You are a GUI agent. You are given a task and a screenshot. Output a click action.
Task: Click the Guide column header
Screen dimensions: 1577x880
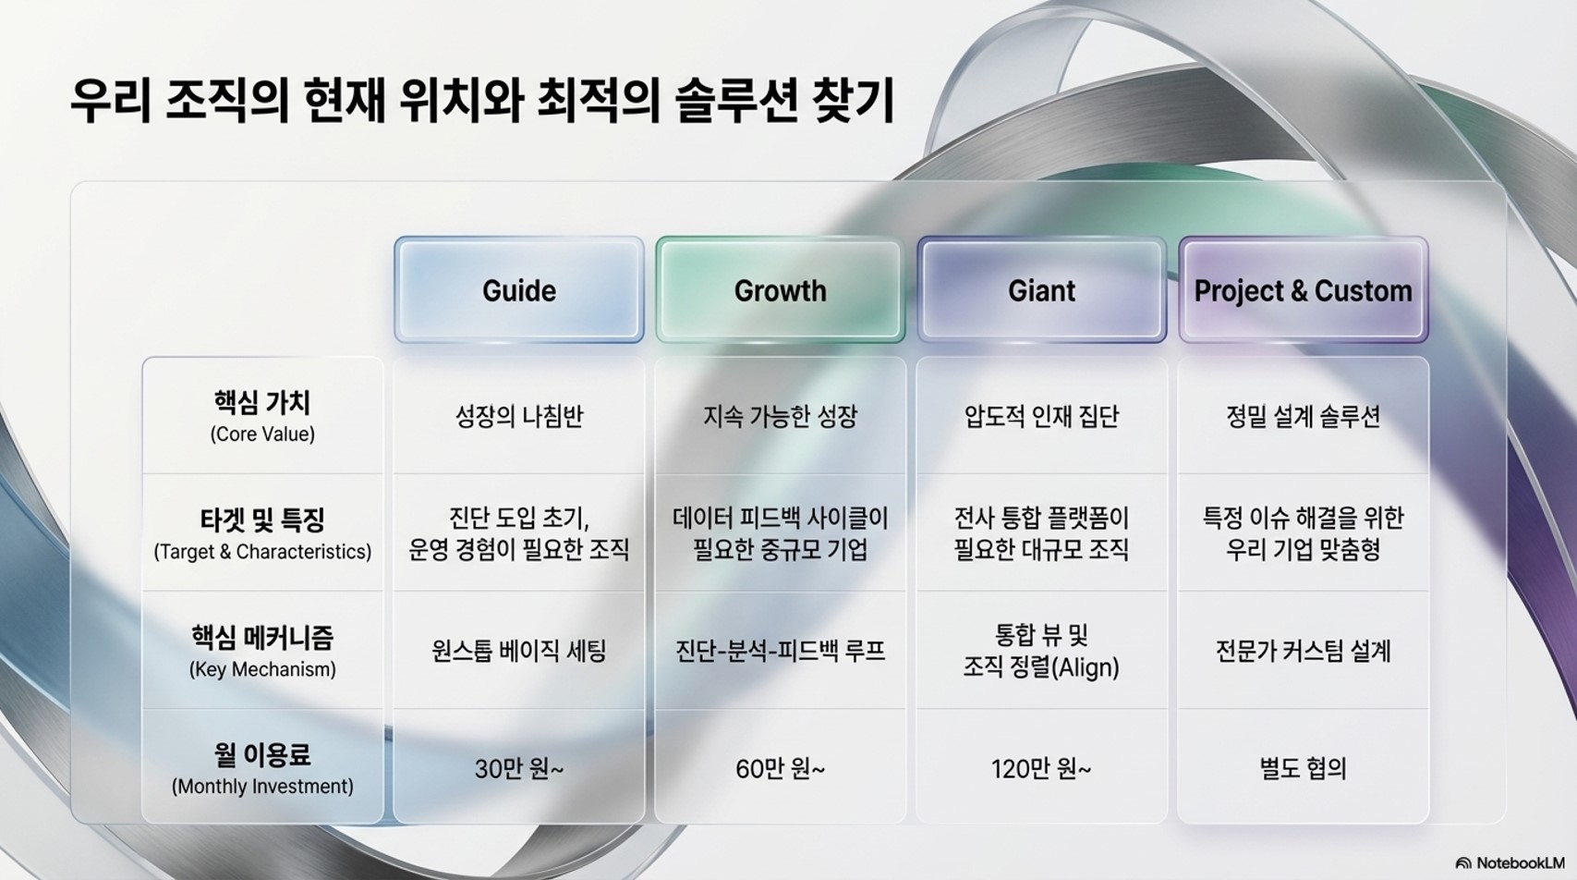click(x=519, y=290)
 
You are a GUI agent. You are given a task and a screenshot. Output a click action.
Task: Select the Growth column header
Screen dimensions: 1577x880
click(x=780, y=290)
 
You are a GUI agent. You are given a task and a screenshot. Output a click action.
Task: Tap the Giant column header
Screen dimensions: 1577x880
click(x=1041, y=290)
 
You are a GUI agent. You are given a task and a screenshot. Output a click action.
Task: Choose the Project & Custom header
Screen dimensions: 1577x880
click(x=1304, y=290)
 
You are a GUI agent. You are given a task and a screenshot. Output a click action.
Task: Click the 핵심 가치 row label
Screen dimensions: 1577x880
click(x=261, y=402)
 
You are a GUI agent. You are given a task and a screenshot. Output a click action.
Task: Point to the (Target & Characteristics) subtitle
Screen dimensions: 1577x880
click(x=262, y=552)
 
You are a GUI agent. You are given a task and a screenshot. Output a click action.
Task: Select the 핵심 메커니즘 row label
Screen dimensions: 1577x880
click(x=261, y=638)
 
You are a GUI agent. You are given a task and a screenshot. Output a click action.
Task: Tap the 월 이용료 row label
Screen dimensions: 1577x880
click(x=261, y=755)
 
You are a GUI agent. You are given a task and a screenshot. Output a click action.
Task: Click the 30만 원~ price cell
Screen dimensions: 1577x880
click(x=519, y=769)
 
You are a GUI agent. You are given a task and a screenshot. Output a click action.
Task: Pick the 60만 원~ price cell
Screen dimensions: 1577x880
click(x=780, y=769)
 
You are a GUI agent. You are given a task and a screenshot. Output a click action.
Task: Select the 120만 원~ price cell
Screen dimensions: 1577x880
click(x=1041, y=769)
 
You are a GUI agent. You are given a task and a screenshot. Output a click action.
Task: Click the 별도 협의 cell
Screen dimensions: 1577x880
click(x=1304, y=769)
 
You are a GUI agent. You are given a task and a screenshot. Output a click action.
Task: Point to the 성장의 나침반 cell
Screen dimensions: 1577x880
click(x=519, y=416)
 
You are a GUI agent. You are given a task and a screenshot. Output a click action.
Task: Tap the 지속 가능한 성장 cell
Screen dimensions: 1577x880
click(x=780, y=416)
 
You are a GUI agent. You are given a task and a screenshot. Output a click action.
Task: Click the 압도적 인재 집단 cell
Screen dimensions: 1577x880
click(x=1041, y=416)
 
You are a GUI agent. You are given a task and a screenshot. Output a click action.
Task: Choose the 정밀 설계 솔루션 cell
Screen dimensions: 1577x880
click(x=1304, y=416)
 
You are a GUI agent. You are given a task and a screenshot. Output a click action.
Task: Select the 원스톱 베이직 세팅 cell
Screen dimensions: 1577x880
click(x=519, y=651)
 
